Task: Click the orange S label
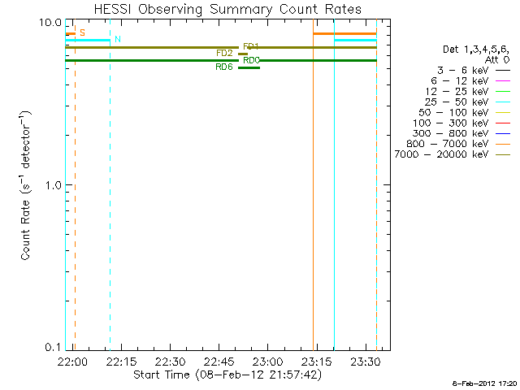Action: (x=82, y=32)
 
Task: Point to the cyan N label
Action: (x=118, y=39)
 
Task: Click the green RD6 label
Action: (x=223, y=67)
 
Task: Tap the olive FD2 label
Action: (x=224, y=54)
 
